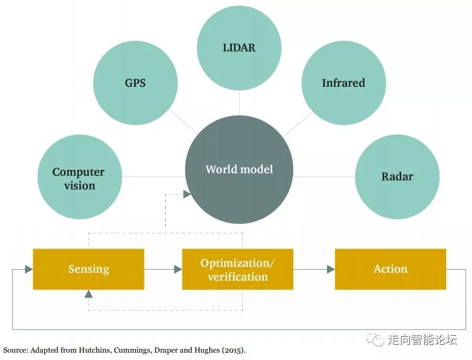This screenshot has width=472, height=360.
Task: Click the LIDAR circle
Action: (239, 48)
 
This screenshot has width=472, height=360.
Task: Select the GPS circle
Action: (135, 83)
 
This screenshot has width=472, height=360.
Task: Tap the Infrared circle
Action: (343, 83)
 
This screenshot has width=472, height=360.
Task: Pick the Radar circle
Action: (397, 177)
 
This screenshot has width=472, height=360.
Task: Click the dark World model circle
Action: (239, 169)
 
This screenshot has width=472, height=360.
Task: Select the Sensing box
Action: (88, 269)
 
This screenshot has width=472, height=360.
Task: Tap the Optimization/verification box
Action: (238, 269)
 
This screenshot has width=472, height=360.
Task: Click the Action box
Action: (390, 269)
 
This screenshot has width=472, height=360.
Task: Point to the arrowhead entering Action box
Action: (331, 269)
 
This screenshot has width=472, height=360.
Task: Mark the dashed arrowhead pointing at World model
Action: (187, 194)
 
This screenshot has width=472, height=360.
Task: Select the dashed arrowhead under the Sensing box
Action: (88, 293)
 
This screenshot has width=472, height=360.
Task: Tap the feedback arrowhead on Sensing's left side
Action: (28, 269)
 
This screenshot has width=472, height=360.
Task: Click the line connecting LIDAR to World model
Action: (239, 102)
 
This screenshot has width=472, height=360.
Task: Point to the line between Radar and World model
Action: (323, 177)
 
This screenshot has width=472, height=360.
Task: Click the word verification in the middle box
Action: (238, 276)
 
